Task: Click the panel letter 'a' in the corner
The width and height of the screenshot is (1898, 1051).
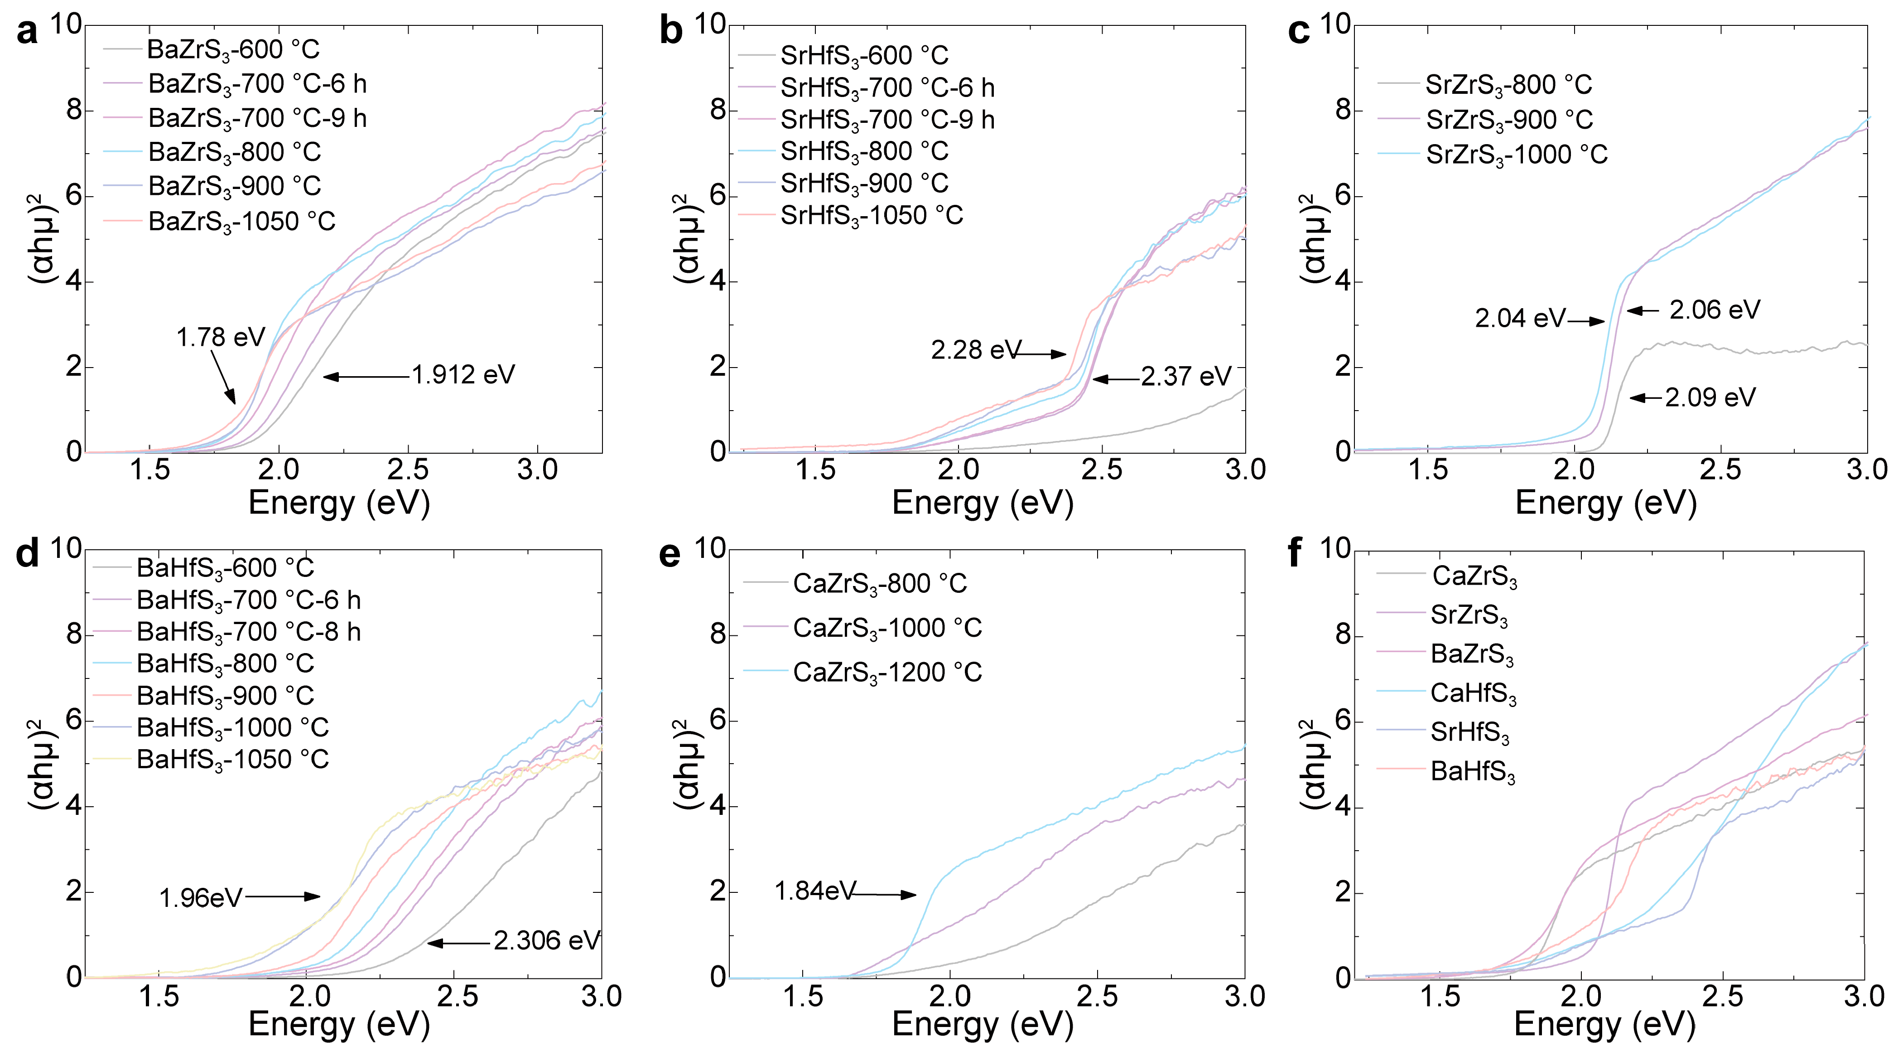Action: click(x=27, y=33)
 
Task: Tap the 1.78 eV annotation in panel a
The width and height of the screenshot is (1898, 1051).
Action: click(x=220, y=338)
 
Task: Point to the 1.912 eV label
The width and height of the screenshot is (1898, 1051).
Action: click(x=462, y=375)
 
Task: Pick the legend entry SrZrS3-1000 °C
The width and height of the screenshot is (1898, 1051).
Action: click(x=1516, y=155)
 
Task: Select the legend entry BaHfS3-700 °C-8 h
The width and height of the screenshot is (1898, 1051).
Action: click(x=248, y=632)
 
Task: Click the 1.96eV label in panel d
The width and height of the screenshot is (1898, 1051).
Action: click(x=200, y=898)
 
